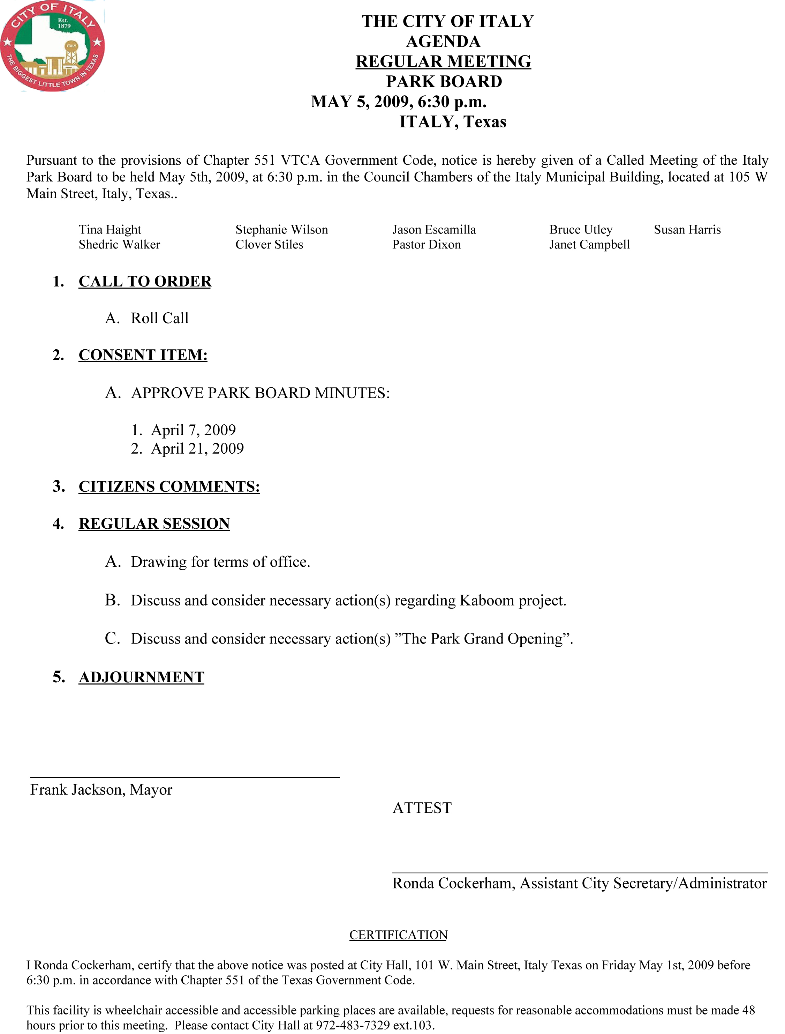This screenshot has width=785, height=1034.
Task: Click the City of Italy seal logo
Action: [52, 45]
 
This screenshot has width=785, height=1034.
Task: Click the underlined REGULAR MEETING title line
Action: [443, 61]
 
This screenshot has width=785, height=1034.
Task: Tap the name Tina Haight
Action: [110, 230]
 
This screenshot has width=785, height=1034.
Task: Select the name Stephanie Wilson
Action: [281, 230]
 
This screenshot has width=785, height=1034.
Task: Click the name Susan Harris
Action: [687, 230]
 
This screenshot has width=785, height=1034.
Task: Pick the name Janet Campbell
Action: [589, 245]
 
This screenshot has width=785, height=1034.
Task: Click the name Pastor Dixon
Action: [426, 245]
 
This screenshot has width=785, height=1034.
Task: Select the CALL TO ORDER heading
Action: [145, 281]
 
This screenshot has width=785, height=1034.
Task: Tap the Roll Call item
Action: [159, 318]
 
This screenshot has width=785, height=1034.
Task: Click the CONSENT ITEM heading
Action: [143, 355]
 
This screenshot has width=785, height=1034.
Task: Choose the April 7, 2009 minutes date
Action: [193, 430]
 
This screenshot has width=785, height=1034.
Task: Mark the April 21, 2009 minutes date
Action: [197, 448]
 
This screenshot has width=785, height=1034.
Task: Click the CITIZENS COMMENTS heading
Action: [169, 486]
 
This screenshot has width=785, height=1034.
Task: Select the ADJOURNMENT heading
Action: [142, 677]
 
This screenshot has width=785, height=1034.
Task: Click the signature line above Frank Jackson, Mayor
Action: [184, 778]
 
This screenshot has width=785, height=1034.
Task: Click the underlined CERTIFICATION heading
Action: [398, 935]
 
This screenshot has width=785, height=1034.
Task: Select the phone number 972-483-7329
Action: [353, 1025]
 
